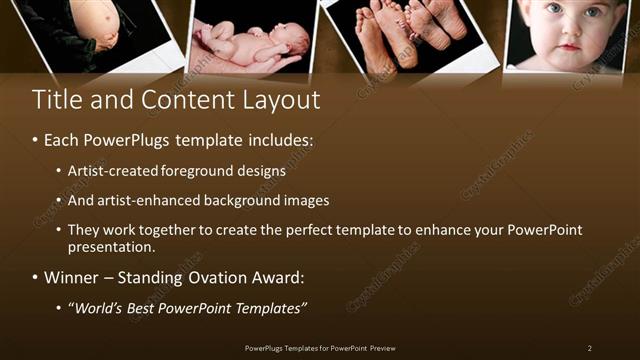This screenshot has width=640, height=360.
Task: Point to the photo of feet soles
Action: (x=405, y=35)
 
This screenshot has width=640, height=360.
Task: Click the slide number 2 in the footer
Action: (x=590, y=348)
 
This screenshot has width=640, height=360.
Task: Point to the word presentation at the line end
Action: (x=112, y=246)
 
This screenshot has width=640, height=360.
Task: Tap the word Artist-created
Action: (x=113, y=171)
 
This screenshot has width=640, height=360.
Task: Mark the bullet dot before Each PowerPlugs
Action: (x=36, y=142)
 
